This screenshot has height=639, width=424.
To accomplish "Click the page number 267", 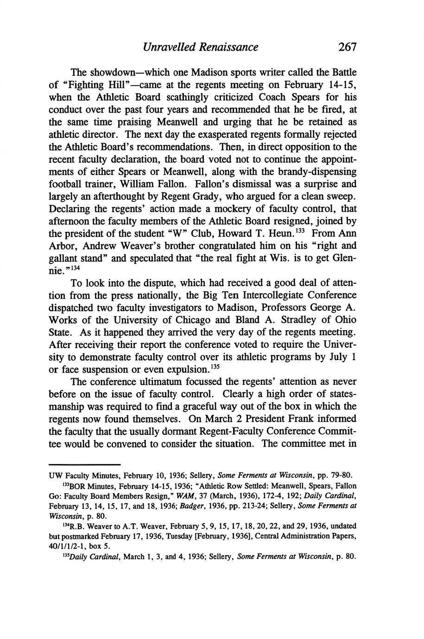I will tap(346, 47).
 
